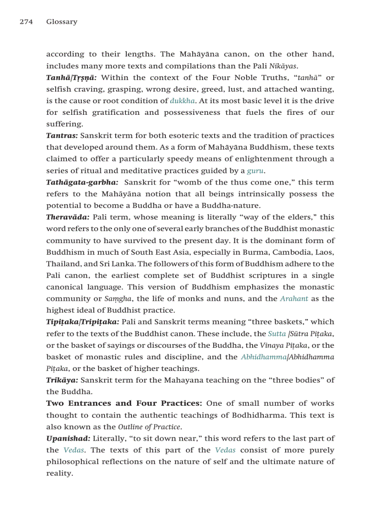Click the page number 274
pos(26,22)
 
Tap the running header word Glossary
pos(62,22)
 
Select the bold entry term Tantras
pos(62,136)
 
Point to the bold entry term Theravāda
pos(68,217)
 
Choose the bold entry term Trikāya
pos(62,380)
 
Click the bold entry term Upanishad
pos(68,438)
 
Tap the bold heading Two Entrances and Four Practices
pos(124,403)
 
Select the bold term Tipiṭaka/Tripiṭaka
pos(83,322)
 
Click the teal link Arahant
pos(294,298)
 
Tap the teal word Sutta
pos(277,333)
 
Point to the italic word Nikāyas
pos(283,66)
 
